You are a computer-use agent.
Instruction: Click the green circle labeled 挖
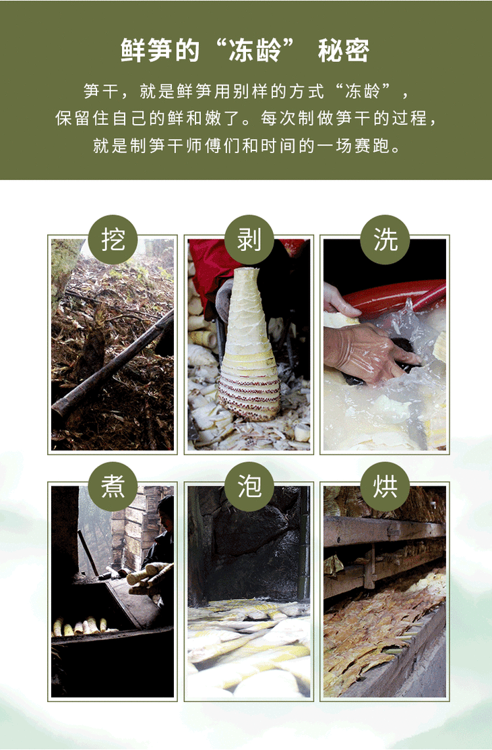pos(113,239)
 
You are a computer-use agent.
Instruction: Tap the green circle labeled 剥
pos(249,239)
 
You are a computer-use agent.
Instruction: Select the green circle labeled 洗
pos(385,239)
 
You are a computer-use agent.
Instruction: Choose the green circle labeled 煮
pos(113,486)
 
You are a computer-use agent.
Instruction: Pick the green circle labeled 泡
pos(249,486)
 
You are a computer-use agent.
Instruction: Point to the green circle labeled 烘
pos(385,486)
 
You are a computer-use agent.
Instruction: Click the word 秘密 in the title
pos(344,50)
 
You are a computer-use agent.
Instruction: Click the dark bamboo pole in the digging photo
pos(113,363)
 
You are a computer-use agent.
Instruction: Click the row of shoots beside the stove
pos(82,626)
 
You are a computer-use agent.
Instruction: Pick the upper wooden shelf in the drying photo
pos(385,529)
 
